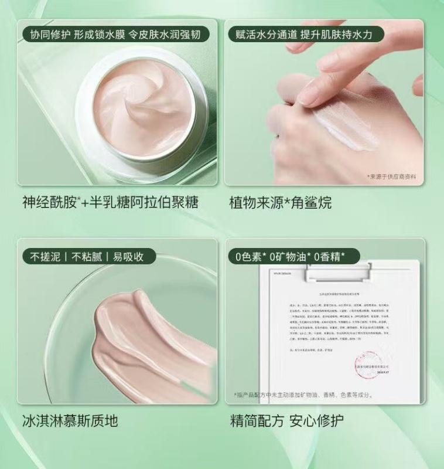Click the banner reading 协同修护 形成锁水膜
(x=115, y=35)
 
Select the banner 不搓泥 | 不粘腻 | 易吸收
(x=82, y=256)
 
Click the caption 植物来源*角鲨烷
(x=281, y=203)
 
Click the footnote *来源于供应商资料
(x=393, y=175)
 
